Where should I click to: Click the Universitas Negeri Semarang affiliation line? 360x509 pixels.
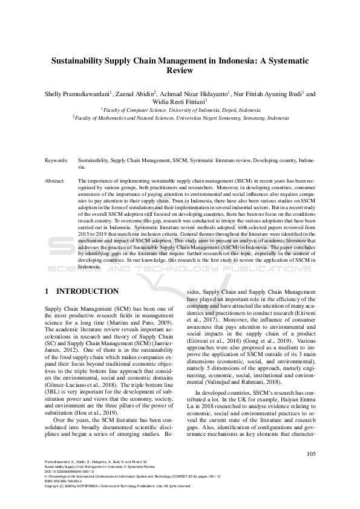click(180, 118)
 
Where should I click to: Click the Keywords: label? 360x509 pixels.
click(56, 161)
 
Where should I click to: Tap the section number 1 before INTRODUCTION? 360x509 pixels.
click(47, 291)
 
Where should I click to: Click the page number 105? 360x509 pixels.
click(311, 453)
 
